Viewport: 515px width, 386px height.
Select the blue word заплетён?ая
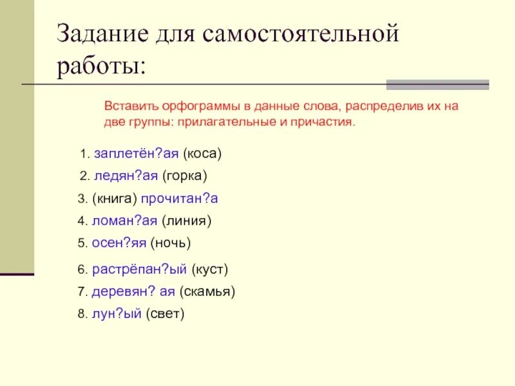(x=136, y=154)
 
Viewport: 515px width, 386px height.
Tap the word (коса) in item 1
(x=202, y=154)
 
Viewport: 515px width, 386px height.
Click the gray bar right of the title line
(x=437, y=84)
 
